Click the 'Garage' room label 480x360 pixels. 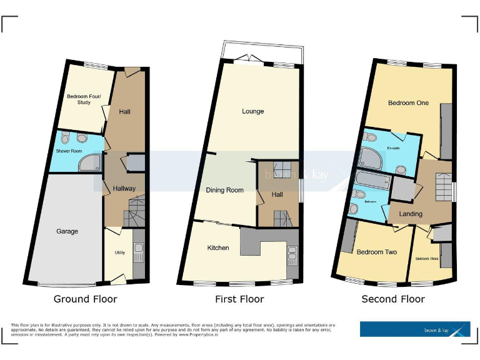pos(67,231)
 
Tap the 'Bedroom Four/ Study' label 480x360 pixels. pos(84,99)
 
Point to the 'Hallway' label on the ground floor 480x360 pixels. pos(123,189)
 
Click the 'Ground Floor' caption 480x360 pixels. pos(85,299)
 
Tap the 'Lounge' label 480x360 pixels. pos(253,111)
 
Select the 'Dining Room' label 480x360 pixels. pos(224,190)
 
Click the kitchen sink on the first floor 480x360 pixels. pos(292,256)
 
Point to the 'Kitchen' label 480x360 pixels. pos(218,247)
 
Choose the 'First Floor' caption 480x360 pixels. pos(239,299)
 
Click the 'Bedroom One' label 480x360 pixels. pos(408,102)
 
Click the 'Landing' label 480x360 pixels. pos(411,214)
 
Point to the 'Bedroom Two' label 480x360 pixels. pos(377,252)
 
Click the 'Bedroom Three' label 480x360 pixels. pos(426,258)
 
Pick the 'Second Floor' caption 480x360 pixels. pos(393,299)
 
